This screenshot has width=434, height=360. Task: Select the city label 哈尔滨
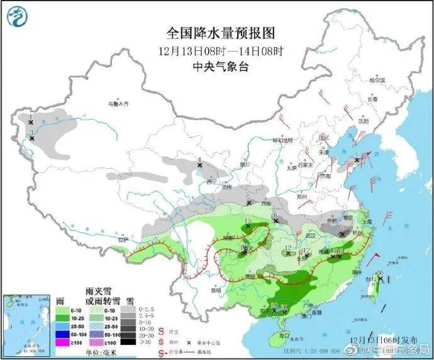377,80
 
